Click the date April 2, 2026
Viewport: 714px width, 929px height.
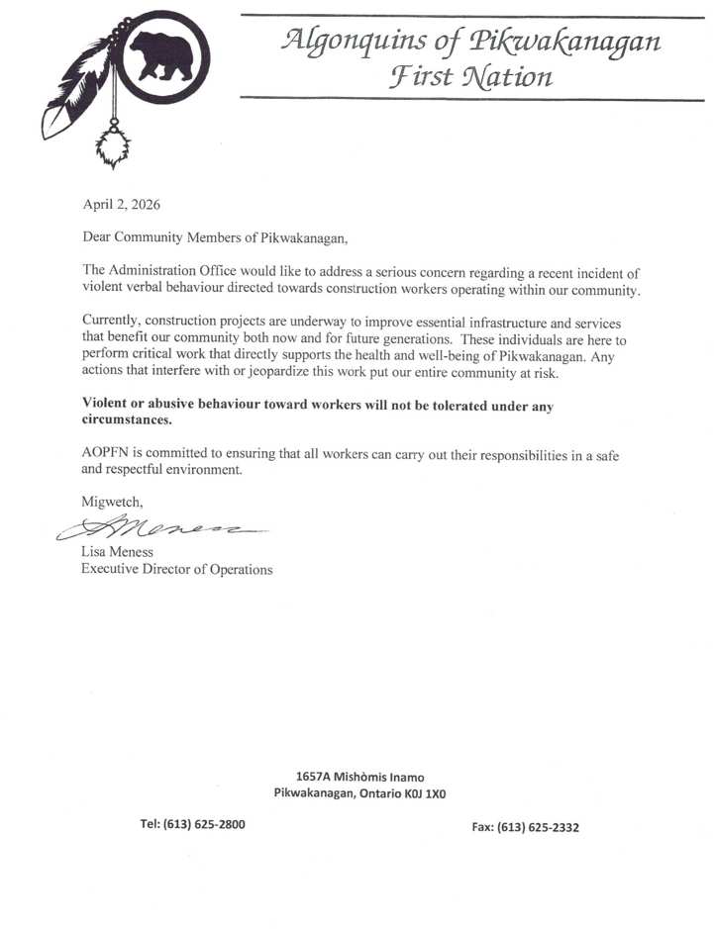coord(121,206)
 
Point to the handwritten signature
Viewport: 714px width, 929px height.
coord(163,527)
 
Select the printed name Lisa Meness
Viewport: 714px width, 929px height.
coord(117,552)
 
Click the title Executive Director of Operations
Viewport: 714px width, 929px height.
coord(176,569)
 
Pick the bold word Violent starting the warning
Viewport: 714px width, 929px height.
coord(107,404)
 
